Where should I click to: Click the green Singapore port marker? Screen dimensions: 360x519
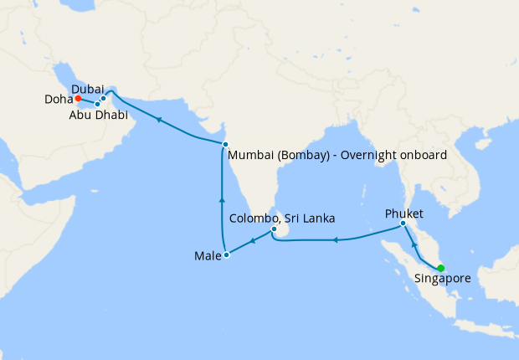[441, 269]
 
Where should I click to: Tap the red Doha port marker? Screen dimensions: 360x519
[78, 99]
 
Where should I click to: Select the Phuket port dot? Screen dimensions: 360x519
[403, 224]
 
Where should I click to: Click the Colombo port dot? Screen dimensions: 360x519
[274, 229]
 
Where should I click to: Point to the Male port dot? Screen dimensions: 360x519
[225, 255]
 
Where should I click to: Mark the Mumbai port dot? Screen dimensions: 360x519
[225, 145]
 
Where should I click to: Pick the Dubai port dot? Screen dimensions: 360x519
[103, 99]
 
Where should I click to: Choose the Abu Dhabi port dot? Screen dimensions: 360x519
[97, 105]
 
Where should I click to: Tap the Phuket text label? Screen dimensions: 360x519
[404, 213]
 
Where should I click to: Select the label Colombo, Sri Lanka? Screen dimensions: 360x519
[282, 218]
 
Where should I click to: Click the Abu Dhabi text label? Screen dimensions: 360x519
[100, 116]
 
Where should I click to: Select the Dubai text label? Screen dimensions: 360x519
[88, 88]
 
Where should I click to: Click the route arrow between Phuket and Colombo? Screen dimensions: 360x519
[335, 240]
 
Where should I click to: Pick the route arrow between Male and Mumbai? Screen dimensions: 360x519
[222, 200]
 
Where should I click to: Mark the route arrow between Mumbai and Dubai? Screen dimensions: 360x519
[157, 120]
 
